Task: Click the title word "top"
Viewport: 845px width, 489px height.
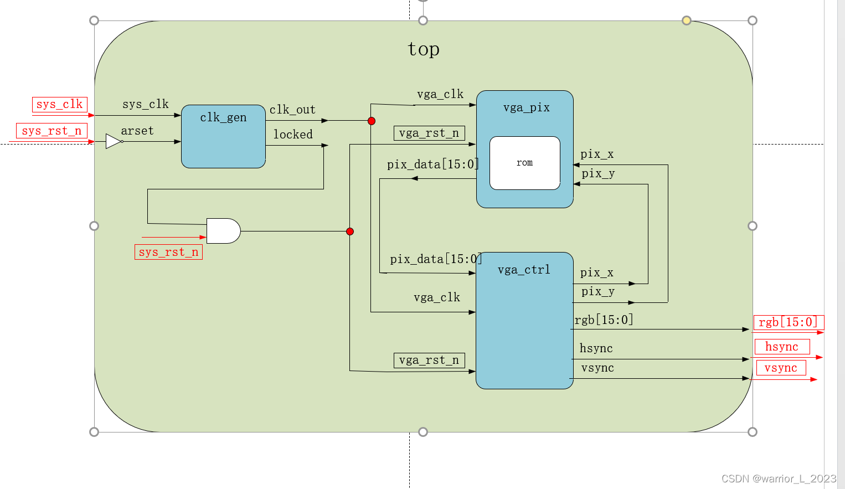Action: [x=424, y=49]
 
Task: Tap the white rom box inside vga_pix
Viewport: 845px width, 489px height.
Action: [x=524, y=163]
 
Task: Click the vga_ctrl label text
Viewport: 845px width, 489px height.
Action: [x=524, y=270]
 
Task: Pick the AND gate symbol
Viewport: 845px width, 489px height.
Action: [x=223, y=231]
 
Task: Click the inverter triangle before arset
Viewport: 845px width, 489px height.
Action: [x=114, y=141]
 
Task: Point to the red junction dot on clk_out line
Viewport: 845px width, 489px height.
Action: [x=372, y=121]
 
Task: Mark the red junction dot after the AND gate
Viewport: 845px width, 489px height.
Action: [x=350, y=231]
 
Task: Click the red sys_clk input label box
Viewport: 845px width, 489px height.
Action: [x=59, y=104]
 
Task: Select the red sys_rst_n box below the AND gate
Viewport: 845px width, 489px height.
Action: [x=168, y=252]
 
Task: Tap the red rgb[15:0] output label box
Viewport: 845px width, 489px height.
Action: [x=789, y=322]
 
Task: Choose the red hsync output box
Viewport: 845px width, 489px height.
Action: [x=782, y=347]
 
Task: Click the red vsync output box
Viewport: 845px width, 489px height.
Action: [x=781, y=368]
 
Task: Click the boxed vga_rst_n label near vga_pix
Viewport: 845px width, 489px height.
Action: [x=429, y=133]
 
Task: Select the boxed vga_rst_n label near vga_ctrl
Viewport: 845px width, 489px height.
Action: [x=429, y=360]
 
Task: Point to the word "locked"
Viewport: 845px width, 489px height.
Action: [x=293, y=135]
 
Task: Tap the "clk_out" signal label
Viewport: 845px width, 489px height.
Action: [x=292, y=110]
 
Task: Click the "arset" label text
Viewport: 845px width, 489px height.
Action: [x=137, y=131]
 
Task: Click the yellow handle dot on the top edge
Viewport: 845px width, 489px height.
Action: [x=687, y=20]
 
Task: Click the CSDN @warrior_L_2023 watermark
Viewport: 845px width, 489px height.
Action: [x=779, y=478]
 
